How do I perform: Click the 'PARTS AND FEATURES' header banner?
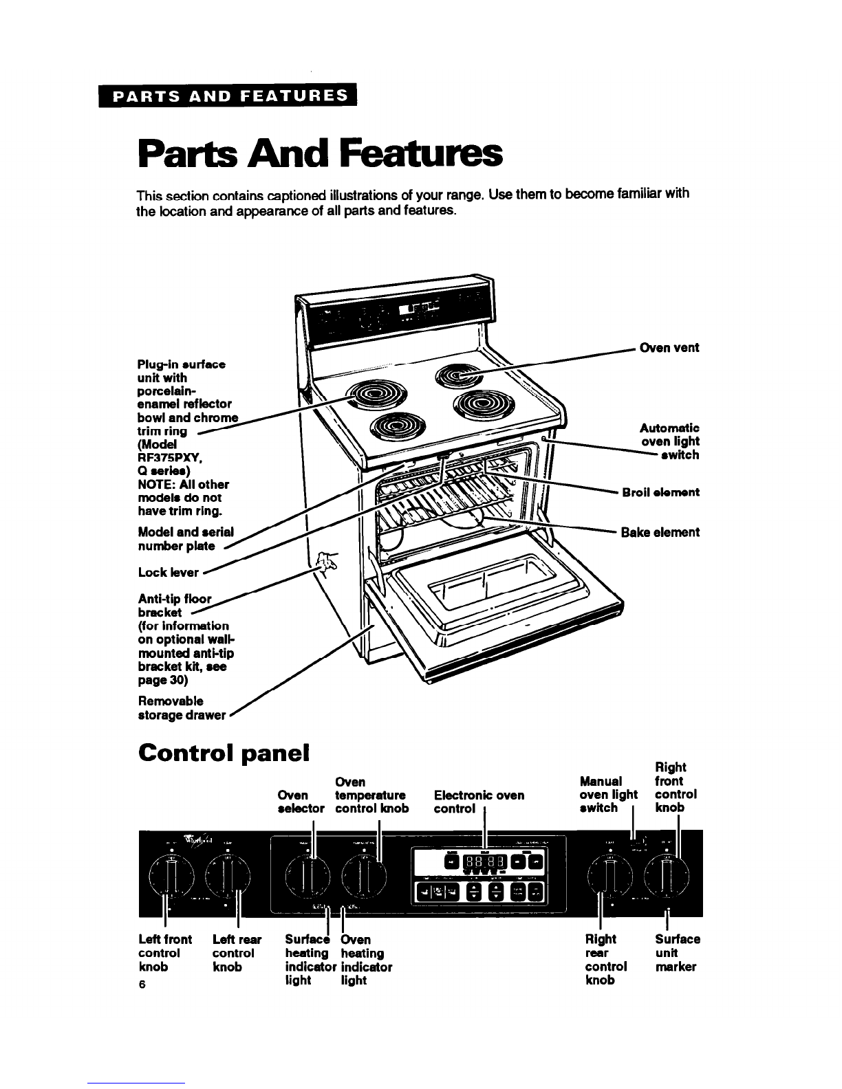pyautogui.click(x=230, y=96)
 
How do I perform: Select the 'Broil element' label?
pyautogui.click(x=660, y=492)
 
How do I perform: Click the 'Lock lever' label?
pyautogui.click(x=169, y=572)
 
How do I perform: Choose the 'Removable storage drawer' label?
pyautogui.click(x=182, y=708)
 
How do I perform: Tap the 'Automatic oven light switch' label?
pyautogui.click(x=669, y=441)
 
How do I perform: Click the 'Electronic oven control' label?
pyautogui.click(x=479, y=802)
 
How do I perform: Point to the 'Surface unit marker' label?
pyautogui.click(x=677, y=953)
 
